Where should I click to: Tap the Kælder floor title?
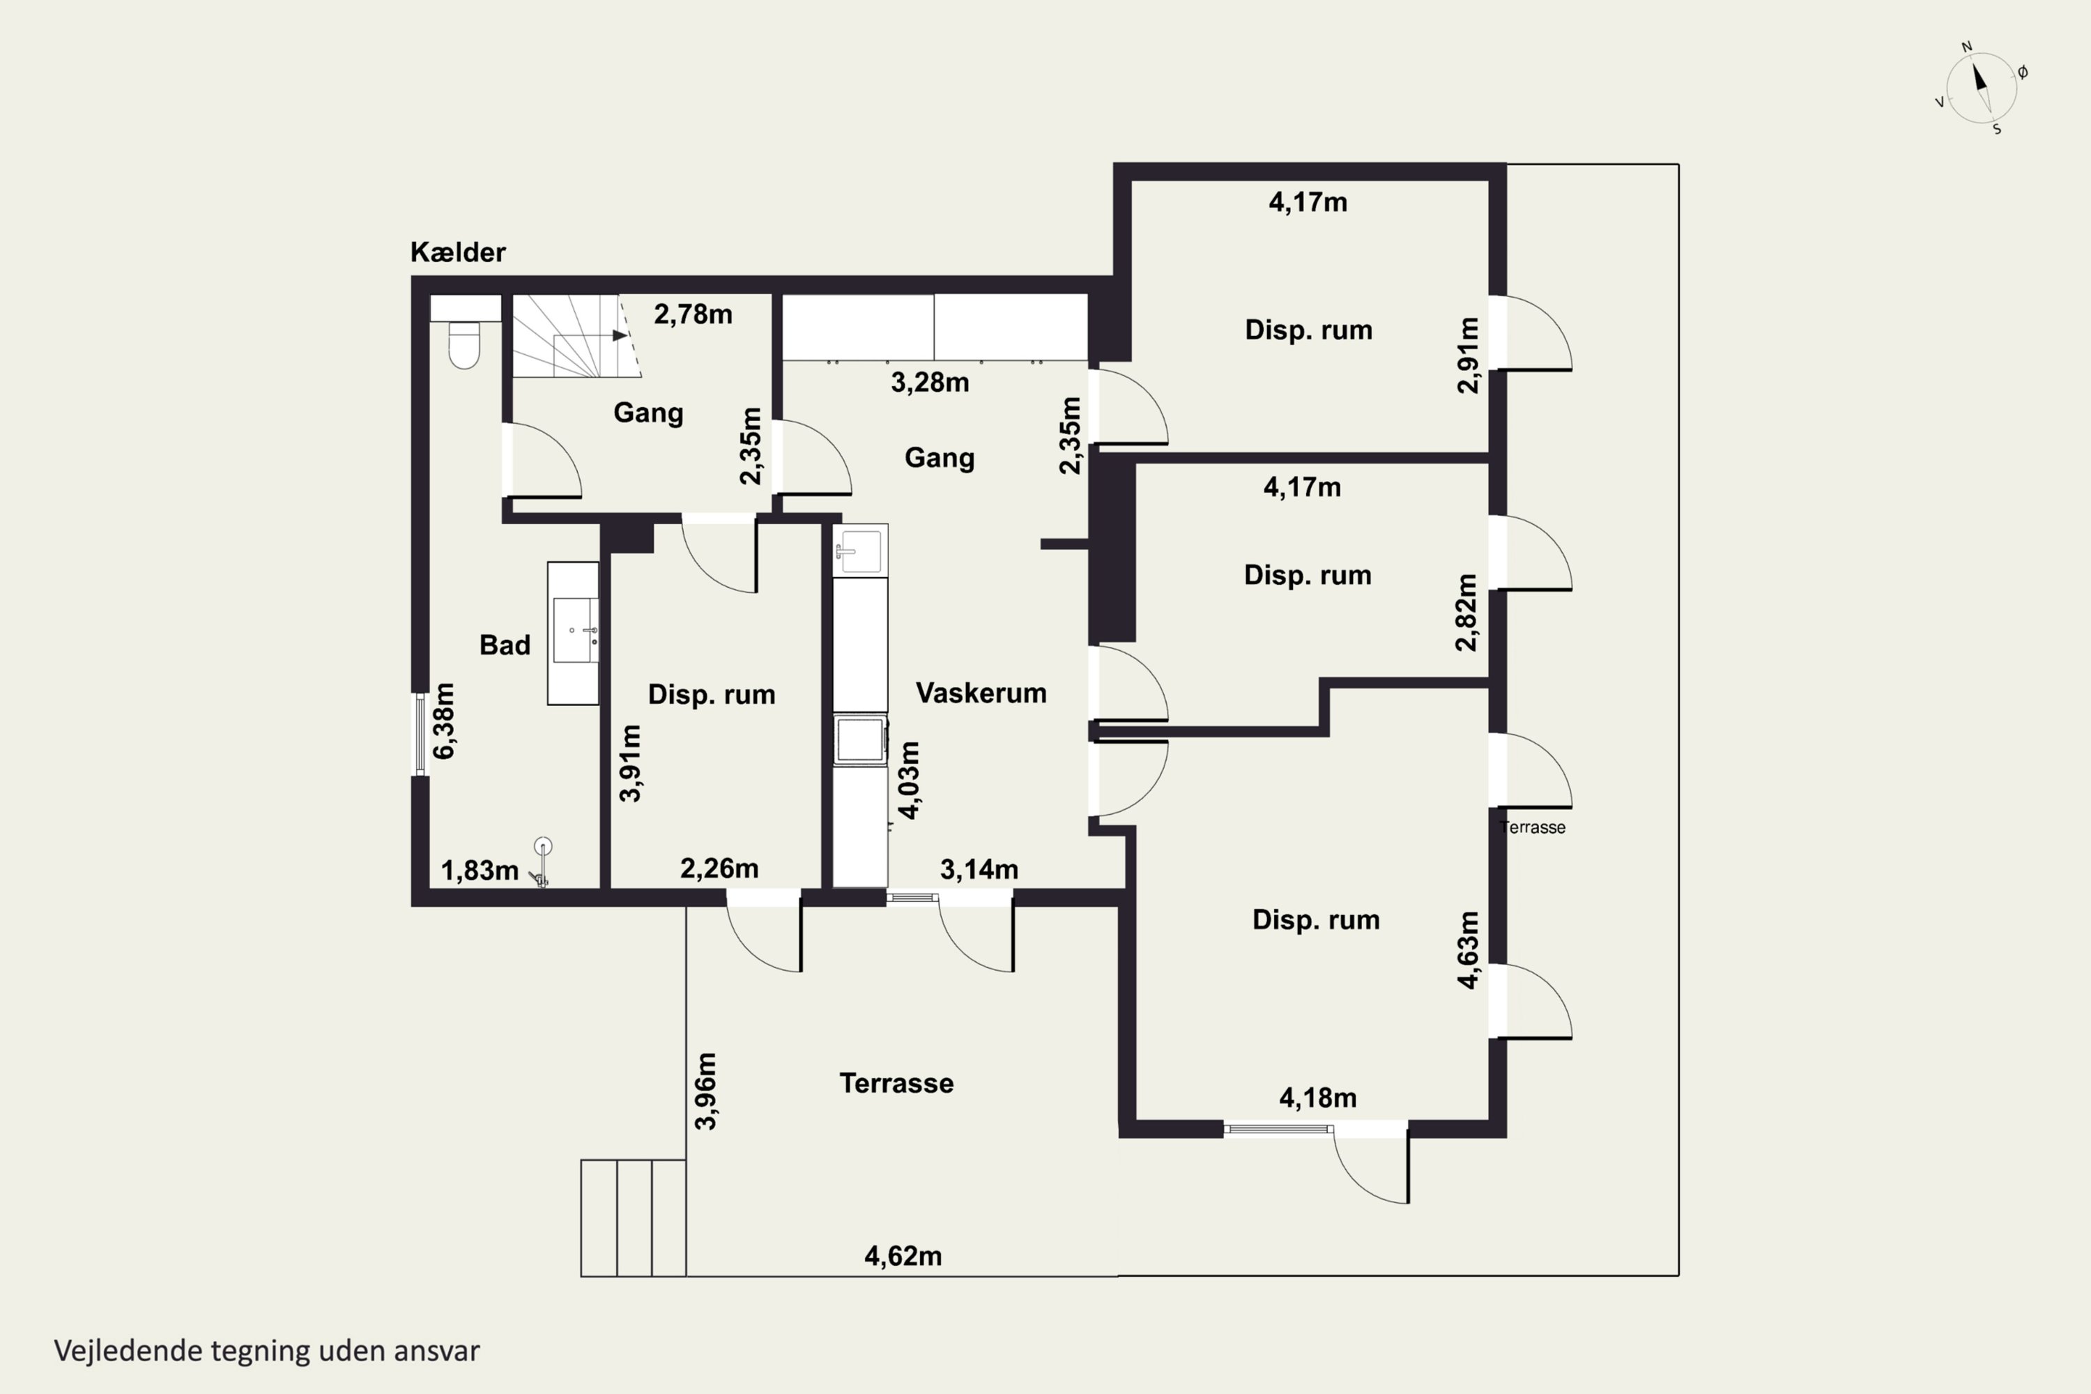458,252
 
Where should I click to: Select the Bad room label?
505,645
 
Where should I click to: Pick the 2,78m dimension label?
694,314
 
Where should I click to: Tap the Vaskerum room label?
981,693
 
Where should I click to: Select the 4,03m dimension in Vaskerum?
910,780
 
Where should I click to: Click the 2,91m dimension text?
1469,355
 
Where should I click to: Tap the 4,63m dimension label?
1469,949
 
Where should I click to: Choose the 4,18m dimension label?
1319,1098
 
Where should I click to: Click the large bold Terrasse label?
896,1083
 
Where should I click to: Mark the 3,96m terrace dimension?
705,1091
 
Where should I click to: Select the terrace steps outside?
633,1218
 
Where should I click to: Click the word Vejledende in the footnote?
128,1351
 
